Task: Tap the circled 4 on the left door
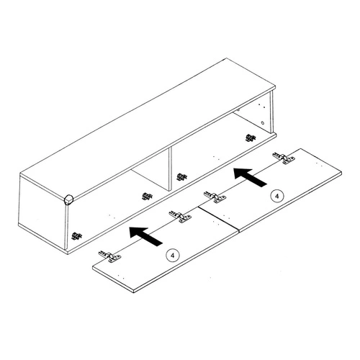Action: click(x=171, y=253)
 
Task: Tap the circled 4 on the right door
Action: click(x=275, y=196)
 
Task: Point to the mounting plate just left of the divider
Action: click(x=147, y=197)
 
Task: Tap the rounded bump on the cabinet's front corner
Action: click(x=68, y=199)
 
